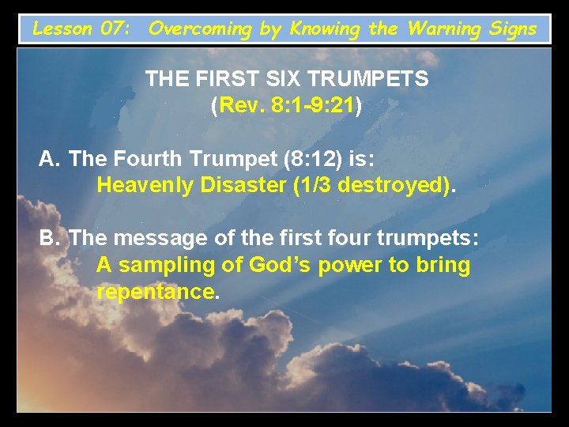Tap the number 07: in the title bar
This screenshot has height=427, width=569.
pos(117,29)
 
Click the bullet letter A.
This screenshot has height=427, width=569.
pos(50,160)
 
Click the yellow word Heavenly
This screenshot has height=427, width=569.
pos(143,187)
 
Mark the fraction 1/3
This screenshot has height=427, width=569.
pos(316,187)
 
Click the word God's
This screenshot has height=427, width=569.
pos(280,266)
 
